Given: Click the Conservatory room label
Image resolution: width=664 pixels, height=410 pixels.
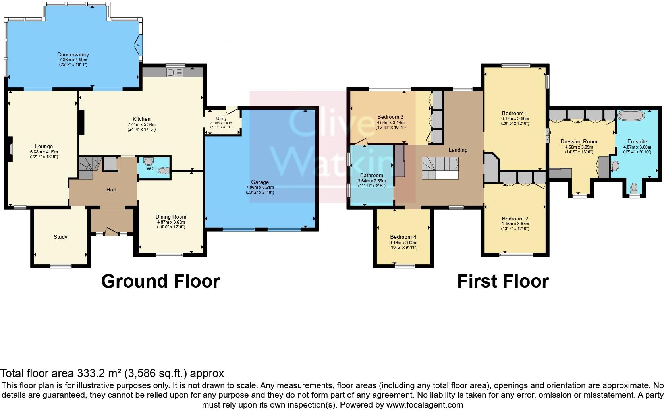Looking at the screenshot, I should pos(73,55).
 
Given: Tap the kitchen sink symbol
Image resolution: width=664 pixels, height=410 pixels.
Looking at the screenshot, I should pos(175,72).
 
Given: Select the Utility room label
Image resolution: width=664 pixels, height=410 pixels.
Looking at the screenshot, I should pos(221,118).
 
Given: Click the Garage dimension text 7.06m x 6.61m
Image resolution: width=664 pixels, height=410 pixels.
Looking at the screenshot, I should pos(260,188).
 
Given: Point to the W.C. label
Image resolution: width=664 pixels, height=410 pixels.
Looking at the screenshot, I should pos(151,168).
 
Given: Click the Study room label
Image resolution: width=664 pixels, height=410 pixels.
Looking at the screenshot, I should pos(60,237).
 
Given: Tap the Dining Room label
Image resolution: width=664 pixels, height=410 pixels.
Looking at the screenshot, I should pos(171,217).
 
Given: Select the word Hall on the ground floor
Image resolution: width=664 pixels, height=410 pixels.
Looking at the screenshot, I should pos(111,190).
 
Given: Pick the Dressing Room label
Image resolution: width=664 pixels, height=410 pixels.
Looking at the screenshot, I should pos(579,142).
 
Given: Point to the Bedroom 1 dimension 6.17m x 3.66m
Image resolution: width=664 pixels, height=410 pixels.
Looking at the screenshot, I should pos(515,118).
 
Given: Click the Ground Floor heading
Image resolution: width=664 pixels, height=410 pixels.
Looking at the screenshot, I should pos(160,281).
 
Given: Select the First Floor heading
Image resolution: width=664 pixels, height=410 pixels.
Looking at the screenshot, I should pos(503,281).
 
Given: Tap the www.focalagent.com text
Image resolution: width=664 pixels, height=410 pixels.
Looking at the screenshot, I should pos(424,405).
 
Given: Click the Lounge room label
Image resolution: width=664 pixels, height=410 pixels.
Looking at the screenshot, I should pos(44,147).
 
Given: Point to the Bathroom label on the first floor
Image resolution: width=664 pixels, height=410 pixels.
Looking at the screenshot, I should pos(372,176).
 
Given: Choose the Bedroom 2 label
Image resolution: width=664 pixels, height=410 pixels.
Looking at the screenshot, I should pos(515,219).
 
